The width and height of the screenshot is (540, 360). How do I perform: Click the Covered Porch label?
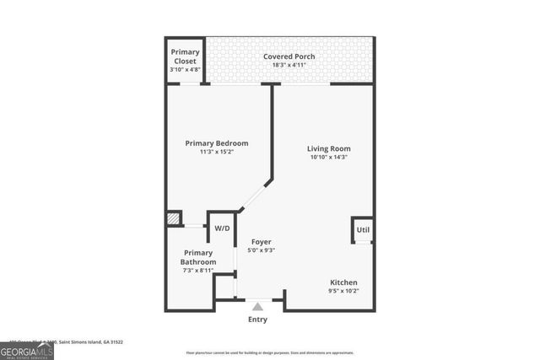click(290, 56)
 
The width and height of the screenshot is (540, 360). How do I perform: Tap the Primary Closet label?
click(186, 56)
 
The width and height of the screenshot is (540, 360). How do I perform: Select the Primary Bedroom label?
click(217, 143)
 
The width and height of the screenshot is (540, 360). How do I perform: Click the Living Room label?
click(328, 148)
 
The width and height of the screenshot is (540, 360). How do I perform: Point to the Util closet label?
click(363, 229)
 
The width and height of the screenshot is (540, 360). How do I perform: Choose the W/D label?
click(222, 228)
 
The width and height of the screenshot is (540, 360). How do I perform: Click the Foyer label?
click(261, 242)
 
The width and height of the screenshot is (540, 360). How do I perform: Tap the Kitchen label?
click(343, 282)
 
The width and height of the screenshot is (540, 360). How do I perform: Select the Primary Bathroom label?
click(199, 257)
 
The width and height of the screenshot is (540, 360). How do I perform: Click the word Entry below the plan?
click(257, 320)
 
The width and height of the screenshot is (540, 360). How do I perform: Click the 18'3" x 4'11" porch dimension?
click(290, 66)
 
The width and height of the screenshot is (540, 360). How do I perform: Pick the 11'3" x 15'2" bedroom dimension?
click(217, 153)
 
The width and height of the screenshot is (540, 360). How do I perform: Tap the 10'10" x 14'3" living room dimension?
click(328, 157)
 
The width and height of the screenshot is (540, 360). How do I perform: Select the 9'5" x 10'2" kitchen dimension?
click(343, 291)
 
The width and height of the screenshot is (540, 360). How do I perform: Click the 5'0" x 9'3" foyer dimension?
click(261, 250)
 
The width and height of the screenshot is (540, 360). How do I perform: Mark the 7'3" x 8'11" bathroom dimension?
click(199, 271)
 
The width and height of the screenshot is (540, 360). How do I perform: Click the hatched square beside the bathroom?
click(174, 218)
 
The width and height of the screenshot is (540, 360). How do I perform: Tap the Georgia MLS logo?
click(27, 349)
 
